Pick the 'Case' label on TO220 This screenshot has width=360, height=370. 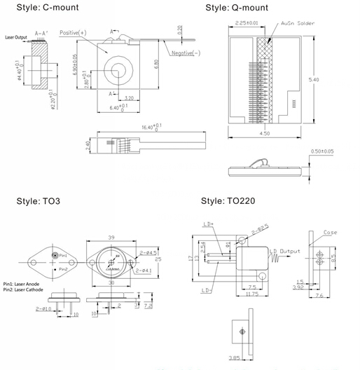pos(331,233)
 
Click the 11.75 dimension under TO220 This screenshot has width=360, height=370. pos(249,294)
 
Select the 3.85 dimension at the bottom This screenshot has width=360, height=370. pos(241,359)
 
